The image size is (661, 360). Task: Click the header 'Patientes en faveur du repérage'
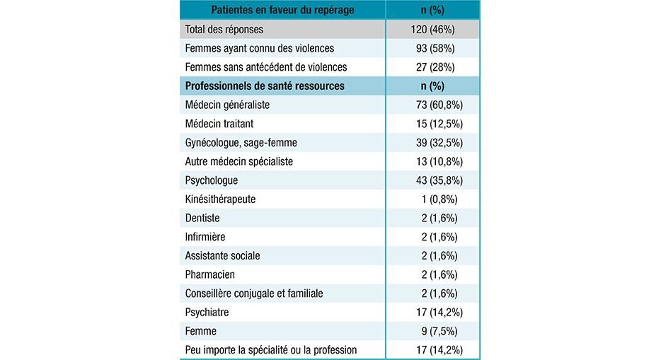click(279, 10)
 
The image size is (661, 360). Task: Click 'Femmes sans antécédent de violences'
click(265, 67)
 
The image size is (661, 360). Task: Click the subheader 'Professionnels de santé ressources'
click(265, 86)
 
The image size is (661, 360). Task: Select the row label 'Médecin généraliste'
click(227, 105)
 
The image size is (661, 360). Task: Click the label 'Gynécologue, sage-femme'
click(241, 143)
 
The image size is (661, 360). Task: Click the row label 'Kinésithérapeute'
click(220, 199)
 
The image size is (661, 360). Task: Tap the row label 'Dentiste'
click(202, 218)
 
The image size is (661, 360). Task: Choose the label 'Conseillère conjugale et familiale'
click(253, 294)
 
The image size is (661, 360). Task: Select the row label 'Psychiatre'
click(207, 312)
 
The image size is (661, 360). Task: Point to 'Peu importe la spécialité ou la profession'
click(271, 349)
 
